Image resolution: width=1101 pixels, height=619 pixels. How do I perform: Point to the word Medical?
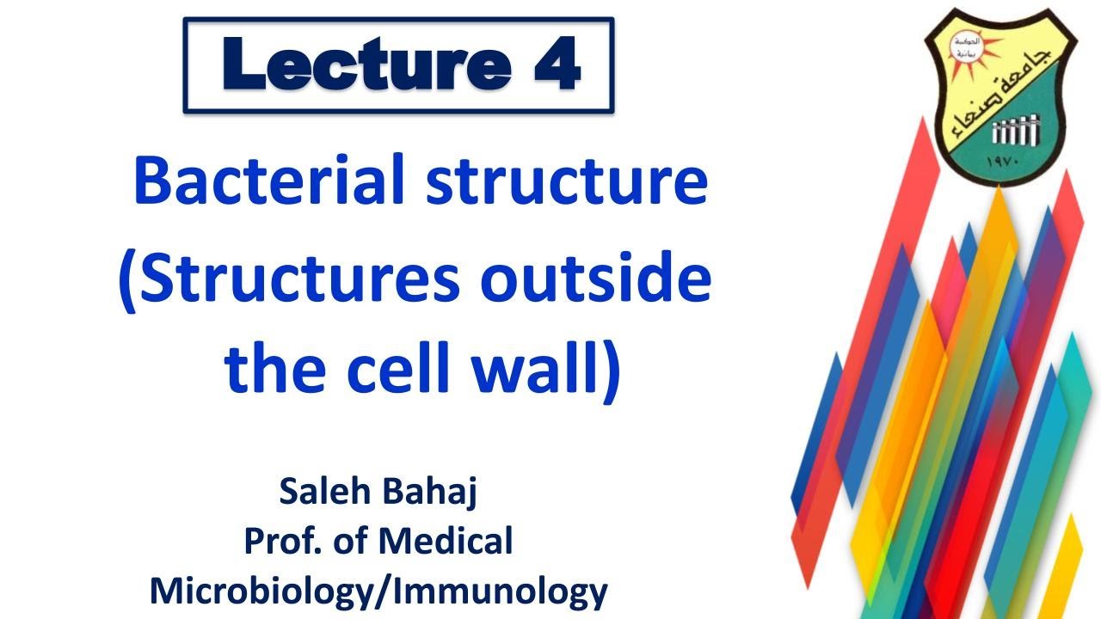click(445, 542)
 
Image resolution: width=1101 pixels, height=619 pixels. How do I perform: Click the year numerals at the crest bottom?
click(1003, 160)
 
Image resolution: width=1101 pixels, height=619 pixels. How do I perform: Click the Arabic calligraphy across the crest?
click(998, 86)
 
